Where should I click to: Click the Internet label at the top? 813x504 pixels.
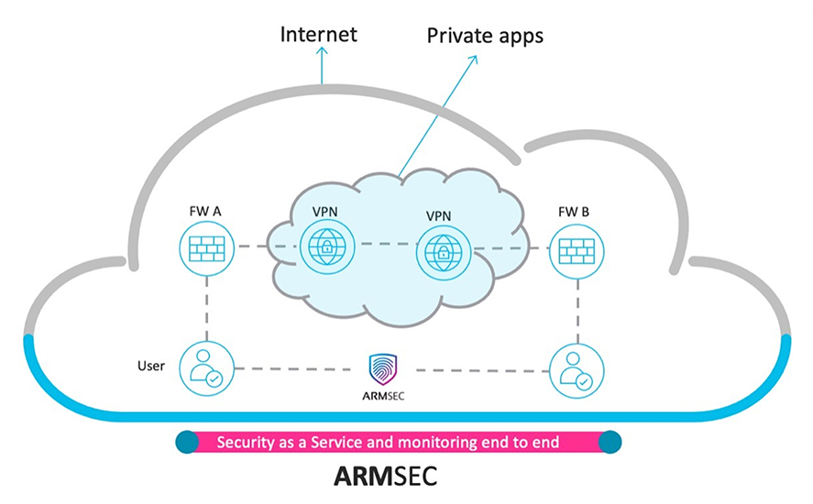click(x=319, y=36)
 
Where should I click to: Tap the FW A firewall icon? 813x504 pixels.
click(x=206, y=247)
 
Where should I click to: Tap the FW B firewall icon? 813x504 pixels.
click(x=576, y=249)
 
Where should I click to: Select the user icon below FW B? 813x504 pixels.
click(x=576, y=369)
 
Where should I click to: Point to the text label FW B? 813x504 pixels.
click(x=574, y=213)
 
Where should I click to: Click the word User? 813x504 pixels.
click(x=150, y=366)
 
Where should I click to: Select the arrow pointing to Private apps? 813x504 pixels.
click(x=440, y=110)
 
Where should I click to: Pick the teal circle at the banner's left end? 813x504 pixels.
click(x=186, y=443)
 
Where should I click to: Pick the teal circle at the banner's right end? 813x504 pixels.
click(x=610, y=443)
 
